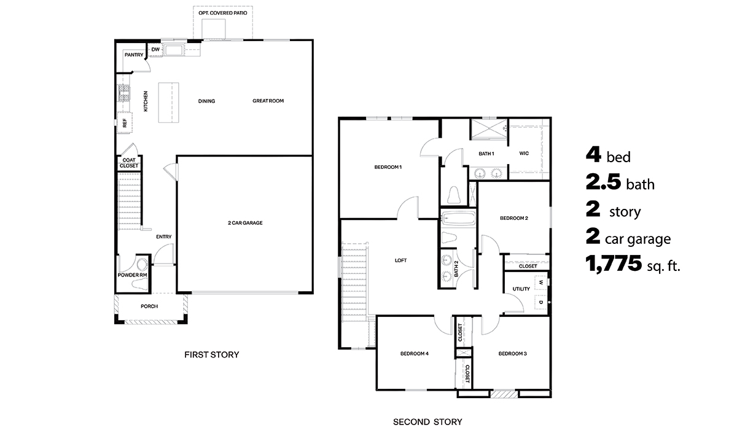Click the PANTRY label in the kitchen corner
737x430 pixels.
tap(134, 55)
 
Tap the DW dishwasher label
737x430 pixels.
tap(155, 50)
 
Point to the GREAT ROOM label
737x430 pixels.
tap(268, 101)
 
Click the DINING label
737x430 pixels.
tap(206, 101)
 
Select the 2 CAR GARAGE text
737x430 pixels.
tap(245, 223)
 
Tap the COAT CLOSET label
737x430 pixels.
tap(129, 163)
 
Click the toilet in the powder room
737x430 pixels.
tap(142, 266)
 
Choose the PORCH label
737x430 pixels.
tap(149, 306)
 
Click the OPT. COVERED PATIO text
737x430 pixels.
tap(223, 12)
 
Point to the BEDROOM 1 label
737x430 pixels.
tap(388, 167)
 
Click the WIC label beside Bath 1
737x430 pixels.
tap(524, 154)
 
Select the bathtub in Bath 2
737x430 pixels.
tap(458, 219)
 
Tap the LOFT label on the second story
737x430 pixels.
tap(400, 260)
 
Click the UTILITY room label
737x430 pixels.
tap(513, 289)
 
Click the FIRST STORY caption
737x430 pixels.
tap(212, 354)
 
